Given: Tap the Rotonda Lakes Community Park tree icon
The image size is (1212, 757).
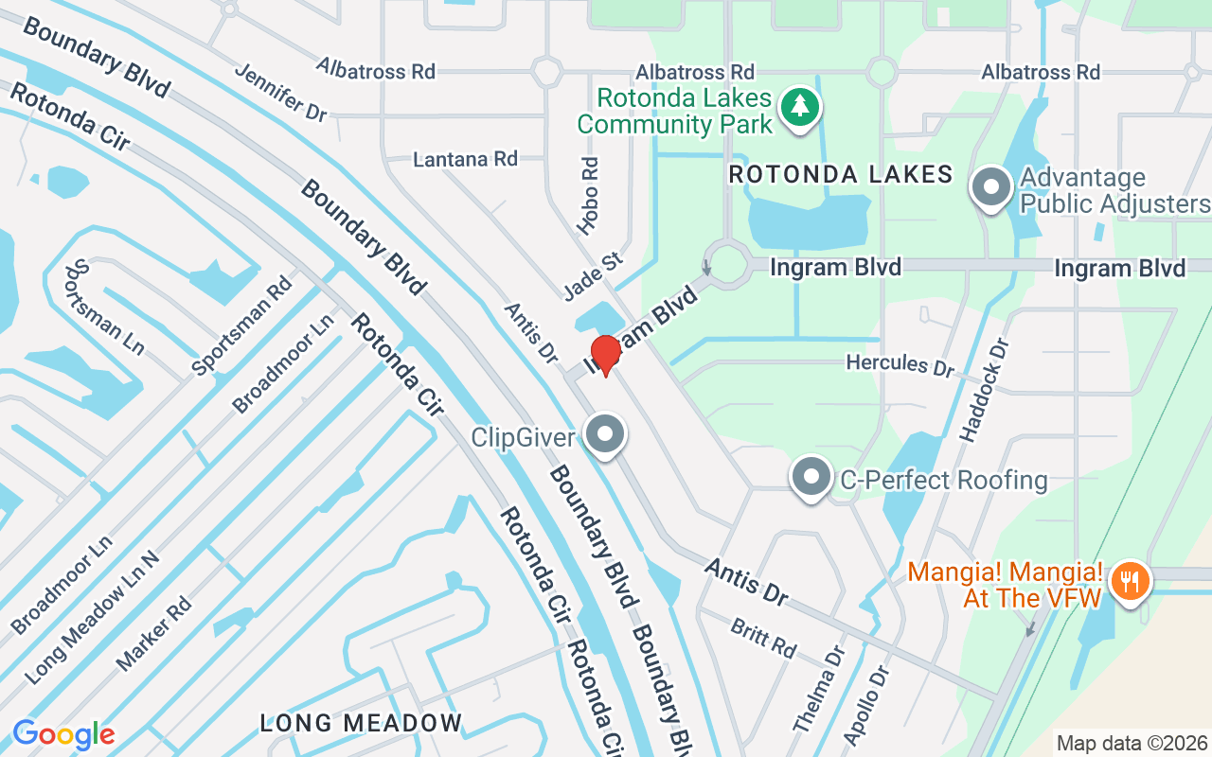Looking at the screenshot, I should pos(800,107).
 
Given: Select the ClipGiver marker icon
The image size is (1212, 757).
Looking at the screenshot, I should pos(605,436).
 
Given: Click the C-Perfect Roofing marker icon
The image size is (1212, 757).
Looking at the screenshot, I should pos(811,477).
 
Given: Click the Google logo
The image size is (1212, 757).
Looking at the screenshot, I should pos(63,734).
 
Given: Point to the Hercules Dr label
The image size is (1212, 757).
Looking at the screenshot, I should pos(900,364).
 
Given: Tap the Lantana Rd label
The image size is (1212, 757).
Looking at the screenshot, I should pos(465,159).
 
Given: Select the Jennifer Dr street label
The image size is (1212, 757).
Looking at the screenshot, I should pos(280,92).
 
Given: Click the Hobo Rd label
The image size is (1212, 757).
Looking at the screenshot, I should pos(589,195).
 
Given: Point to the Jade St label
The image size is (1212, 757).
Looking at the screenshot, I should pos(591,274).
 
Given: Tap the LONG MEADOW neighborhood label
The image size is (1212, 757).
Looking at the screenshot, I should pos(362,724).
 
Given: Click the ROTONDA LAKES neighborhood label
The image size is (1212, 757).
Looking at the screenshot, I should pos(840,174).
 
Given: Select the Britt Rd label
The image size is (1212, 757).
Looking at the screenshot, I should pos(763,638).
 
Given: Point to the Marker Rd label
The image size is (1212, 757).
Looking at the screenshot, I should pos(154,633).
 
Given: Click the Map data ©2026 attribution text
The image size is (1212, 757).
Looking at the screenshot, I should pos(1132,744).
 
